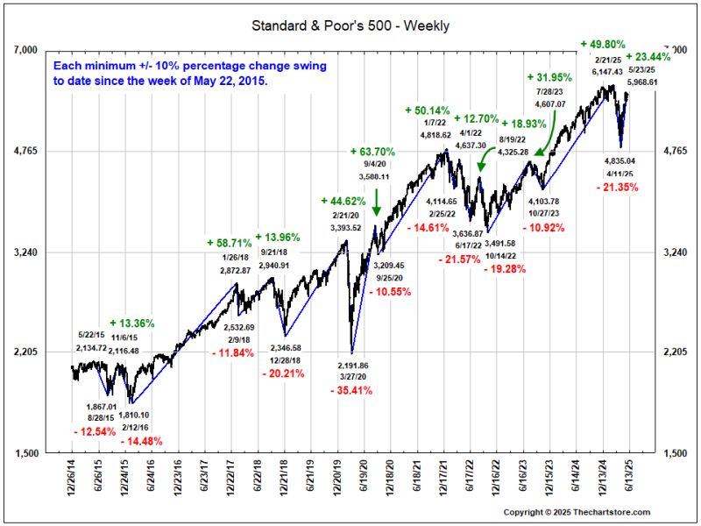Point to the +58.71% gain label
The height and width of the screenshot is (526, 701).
pos(230,242)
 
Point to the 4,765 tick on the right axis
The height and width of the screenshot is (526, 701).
pos(677,152)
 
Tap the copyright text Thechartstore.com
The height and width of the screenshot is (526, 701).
pos(577,511)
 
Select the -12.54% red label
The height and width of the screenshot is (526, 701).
pos(94,431)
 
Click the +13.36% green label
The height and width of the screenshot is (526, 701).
pos(132,323)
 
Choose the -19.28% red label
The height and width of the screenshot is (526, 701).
pos(504,269)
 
